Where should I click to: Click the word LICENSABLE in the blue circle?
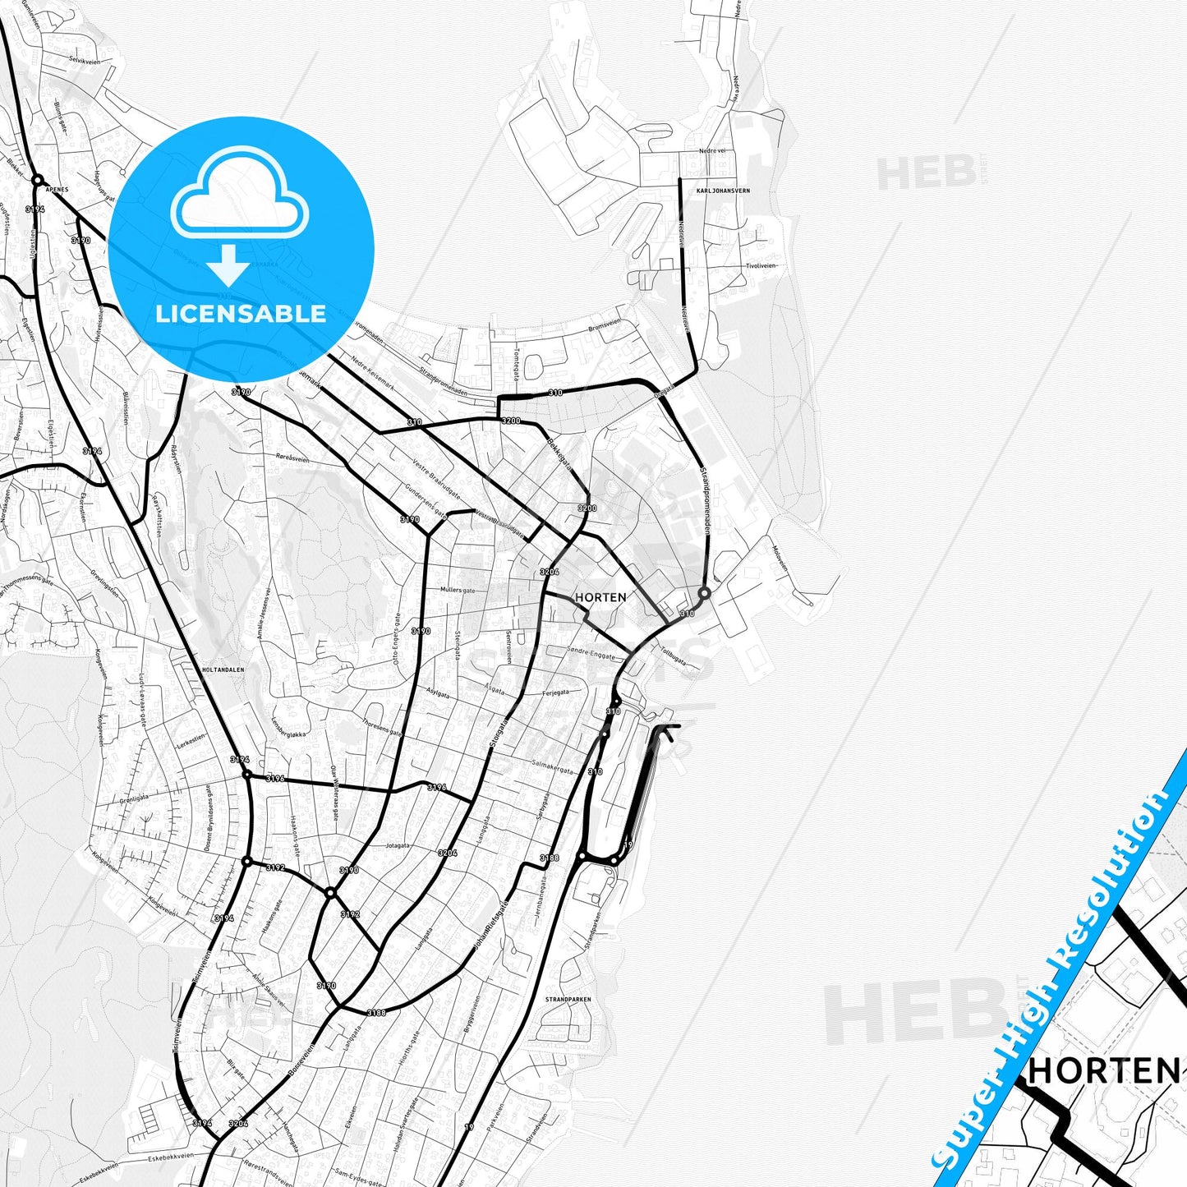point(241,314)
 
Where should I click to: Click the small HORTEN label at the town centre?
point(600,597)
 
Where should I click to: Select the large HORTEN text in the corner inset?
point(1103,1070)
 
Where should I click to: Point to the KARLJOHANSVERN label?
point(723,191)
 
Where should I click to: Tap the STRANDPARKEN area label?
point(568,1000)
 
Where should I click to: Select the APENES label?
point(58,189)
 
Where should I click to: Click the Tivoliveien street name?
point(761,266)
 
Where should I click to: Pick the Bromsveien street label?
point(605,328)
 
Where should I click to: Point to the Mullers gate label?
point(458,591)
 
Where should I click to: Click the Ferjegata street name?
point(555,692)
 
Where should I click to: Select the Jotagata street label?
point(398,844)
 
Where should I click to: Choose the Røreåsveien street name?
point(293,458)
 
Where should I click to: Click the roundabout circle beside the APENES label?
point(37,179)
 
